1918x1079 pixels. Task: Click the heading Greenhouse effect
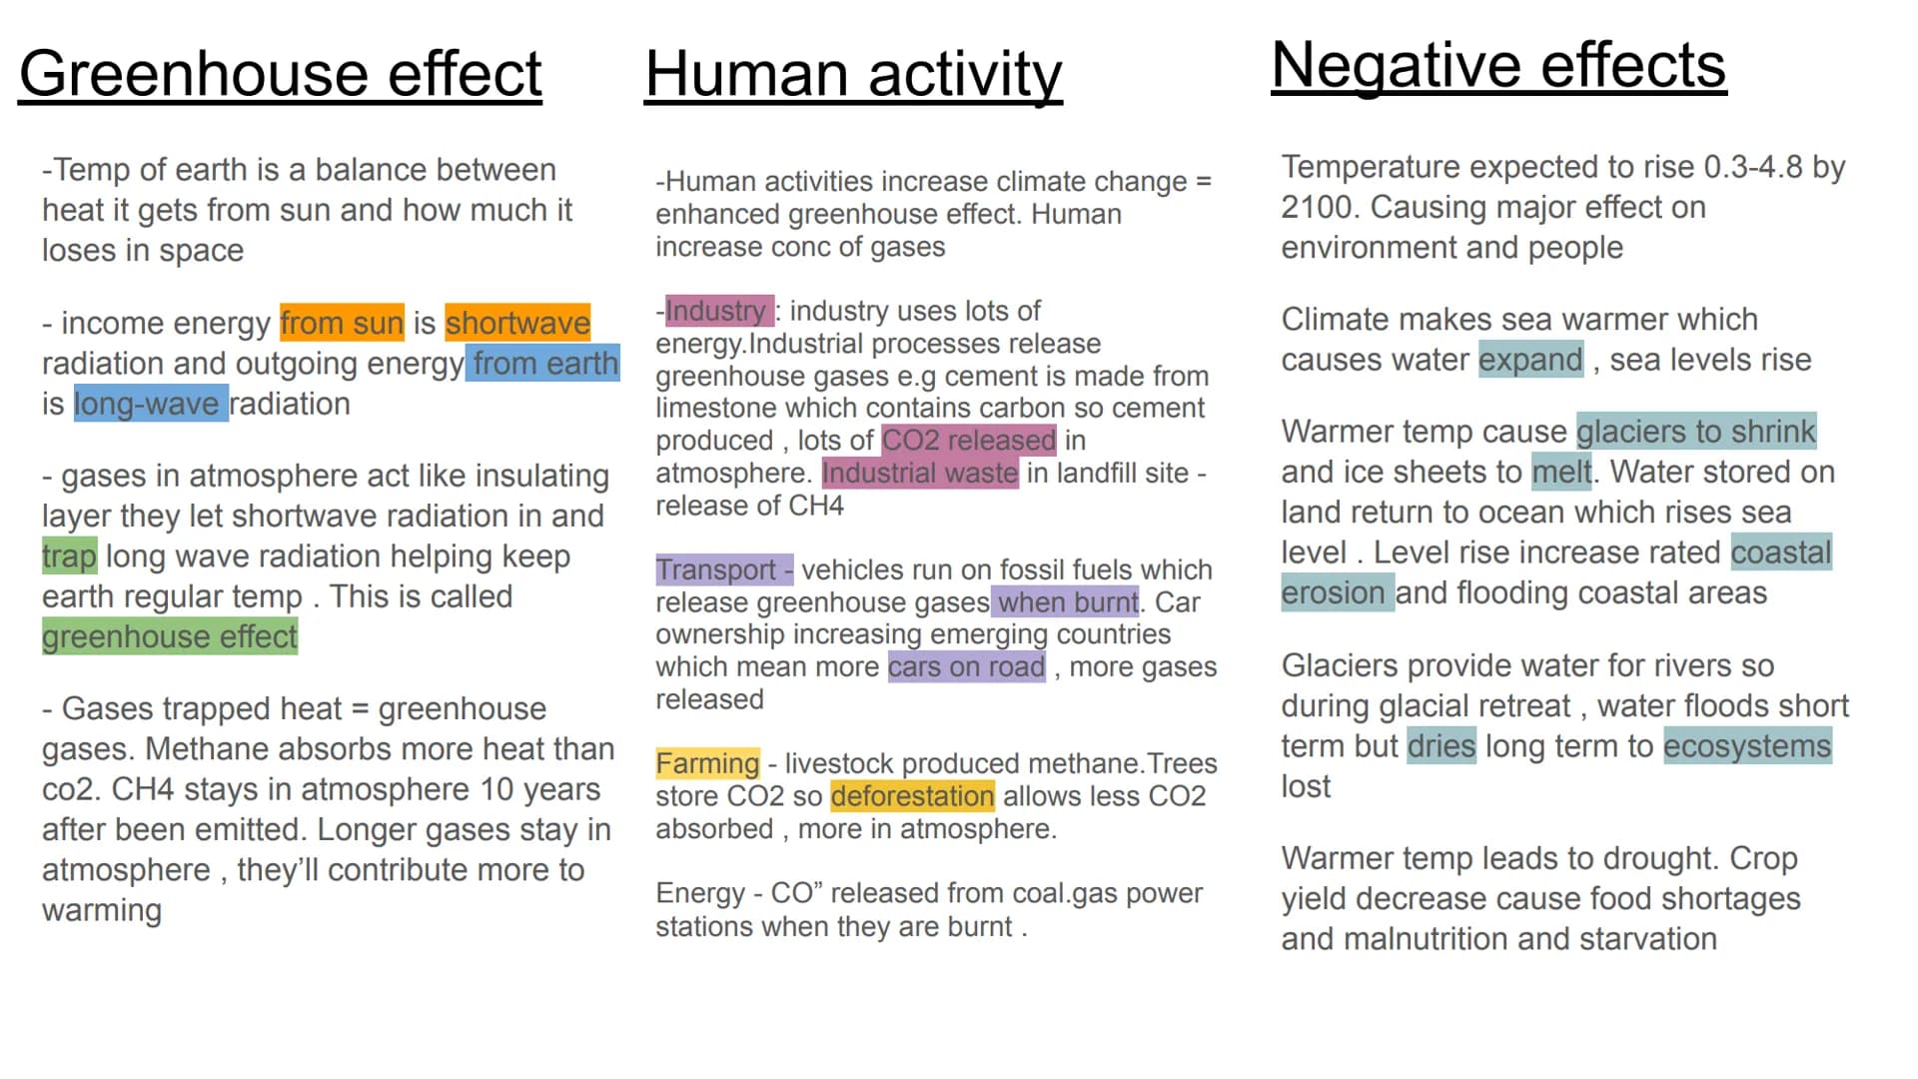click(281, 74)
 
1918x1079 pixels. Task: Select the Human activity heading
click(854, 75)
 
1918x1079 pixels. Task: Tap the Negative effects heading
click(1498, 66)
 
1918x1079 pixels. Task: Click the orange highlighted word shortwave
click(517, 323)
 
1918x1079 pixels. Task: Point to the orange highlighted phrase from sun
click(342, 323)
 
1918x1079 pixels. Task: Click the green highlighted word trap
click(69, 555)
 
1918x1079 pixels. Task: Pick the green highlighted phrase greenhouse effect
click(170, 636)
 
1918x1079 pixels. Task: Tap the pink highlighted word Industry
click(716, 311)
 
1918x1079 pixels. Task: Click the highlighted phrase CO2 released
click(969, 440)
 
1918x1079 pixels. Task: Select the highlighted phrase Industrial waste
click(920, 473)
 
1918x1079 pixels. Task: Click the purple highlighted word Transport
click(716, 569)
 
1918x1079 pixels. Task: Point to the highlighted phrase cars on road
click(967, 666)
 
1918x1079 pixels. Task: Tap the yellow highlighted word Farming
click(708, 763)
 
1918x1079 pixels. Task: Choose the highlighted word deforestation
click(913, 796)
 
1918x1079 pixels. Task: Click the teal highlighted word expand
click(1531, 360)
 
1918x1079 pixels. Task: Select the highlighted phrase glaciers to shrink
click(1696, 431)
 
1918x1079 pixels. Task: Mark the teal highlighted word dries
click(1441, 746)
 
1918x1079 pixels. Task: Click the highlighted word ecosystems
click(1747, 746)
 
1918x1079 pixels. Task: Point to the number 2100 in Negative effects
click(1317, 207)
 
